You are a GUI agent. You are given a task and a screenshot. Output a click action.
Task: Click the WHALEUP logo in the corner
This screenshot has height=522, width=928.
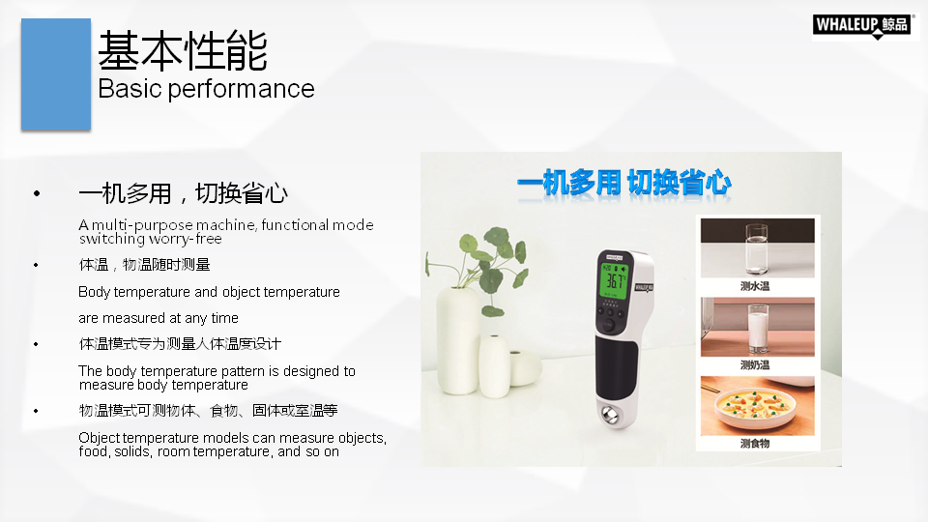[862, 25]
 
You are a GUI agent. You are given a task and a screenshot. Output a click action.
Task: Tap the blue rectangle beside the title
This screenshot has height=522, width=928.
[56, 74]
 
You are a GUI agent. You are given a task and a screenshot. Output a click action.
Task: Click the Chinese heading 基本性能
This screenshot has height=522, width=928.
[183, 51]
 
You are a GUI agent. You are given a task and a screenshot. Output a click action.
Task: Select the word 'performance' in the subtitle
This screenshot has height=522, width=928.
[241, 89]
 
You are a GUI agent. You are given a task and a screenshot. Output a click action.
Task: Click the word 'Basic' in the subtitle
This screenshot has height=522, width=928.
[130, 89]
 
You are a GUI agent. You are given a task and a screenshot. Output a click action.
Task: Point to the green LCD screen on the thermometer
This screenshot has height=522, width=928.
[614, 280]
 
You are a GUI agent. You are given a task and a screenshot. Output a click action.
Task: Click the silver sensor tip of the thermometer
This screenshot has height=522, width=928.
[610, 414]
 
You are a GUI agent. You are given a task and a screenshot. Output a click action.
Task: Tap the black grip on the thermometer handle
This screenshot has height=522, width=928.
[616, 368]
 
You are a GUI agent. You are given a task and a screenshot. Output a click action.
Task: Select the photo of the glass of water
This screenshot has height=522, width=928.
[758, 247]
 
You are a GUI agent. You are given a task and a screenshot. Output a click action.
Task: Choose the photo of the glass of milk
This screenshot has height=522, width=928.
[758, 327]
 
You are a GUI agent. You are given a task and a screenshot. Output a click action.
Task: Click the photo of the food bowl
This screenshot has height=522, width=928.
[758, 405]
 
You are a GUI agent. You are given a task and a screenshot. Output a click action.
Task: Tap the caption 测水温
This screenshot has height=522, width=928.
[755, 286]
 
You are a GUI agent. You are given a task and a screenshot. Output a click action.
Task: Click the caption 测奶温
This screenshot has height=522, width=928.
[755, 365]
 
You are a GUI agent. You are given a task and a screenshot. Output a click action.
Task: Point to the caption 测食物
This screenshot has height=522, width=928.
[755, 444]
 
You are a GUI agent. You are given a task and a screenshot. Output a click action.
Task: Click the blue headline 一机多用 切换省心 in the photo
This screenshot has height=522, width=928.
[624, 183]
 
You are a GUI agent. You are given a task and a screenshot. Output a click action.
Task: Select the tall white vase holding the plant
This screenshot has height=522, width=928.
[458, 340]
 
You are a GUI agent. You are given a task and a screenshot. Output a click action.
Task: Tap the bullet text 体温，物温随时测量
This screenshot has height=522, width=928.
[144, 265]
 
